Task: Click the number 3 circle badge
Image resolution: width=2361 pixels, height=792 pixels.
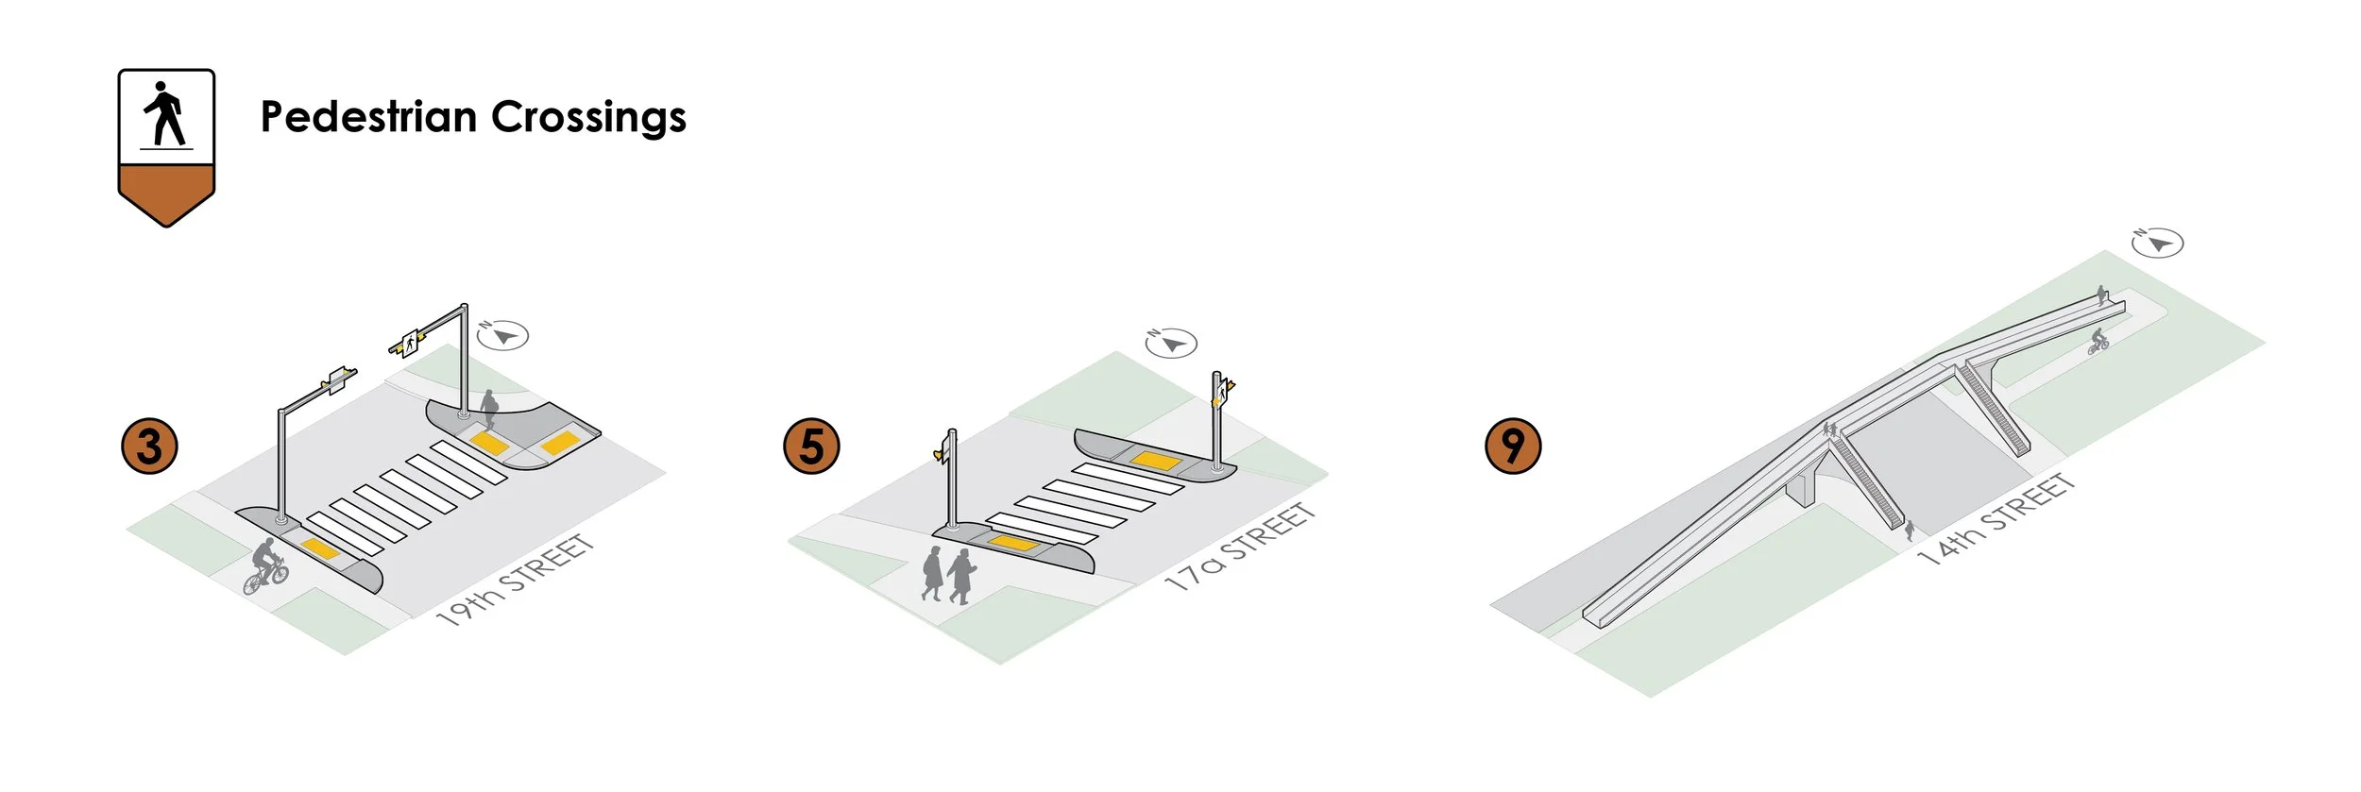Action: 150,447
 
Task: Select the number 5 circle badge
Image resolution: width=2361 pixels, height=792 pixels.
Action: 811,447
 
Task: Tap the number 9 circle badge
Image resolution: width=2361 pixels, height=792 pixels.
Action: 1513,446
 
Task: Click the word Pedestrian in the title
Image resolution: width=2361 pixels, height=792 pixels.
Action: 368,117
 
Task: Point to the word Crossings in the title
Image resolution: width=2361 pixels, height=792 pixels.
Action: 588,117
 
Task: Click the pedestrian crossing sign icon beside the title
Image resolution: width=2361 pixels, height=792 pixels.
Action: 166,146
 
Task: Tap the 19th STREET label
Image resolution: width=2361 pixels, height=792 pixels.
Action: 515,580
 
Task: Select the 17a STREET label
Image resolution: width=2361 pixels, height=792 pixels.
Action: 1240,547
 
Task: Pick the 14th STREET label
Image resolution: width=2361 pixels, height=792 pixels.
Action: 1996,520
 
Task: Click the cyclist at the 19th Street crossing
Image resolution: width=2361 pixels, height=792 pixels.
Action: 265,566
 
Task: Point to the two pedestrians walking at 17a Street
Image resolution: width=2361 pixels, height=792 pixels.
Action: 947,574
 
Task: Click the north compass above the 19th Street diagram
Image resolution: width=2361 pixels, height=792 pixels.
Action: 502,335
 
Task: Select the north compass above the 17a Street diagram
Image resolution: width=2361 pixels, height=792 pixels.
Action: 1171,343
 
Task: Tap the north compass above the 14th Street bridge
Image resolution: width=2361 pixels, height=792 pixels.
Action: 2158,243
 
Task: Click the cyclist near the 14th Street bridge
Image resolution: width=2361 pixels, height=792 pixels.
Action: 2098,341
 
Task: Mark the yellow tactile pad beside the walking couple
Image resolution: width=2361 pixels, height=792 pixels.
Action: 1012,542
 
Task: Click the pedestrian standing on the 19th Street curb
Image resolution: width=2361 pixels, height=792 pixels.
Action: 489,409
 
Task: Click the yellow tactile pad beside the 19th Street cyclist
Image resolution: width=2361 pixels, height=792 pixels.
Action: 319,548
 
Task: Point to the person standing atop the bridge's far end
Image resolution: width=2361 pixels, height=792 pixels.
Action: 2101,295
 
